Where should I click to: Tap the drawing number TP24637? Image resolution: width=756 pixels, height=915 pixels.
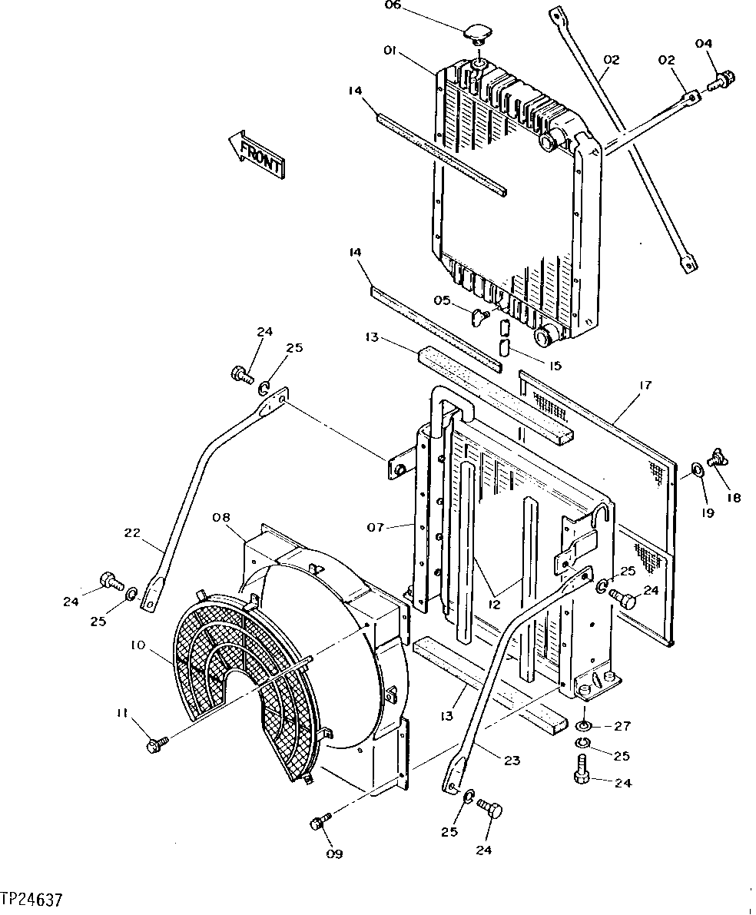tap(31, 899)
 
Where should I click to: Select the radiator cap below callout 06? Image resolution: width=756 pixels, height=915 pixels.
tap(477, 35)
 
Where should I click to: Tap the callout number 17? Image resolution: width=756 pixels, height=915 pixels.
tap(644, 385)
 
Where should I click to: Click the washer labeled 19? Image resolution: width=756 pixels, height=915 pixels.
tap(695, 469)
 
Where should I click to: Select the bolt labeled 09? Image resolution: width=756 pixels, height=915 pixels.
tap(320, 823)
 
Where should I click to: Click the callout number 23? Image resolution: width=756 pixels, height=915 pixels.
tap(511, 761)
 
